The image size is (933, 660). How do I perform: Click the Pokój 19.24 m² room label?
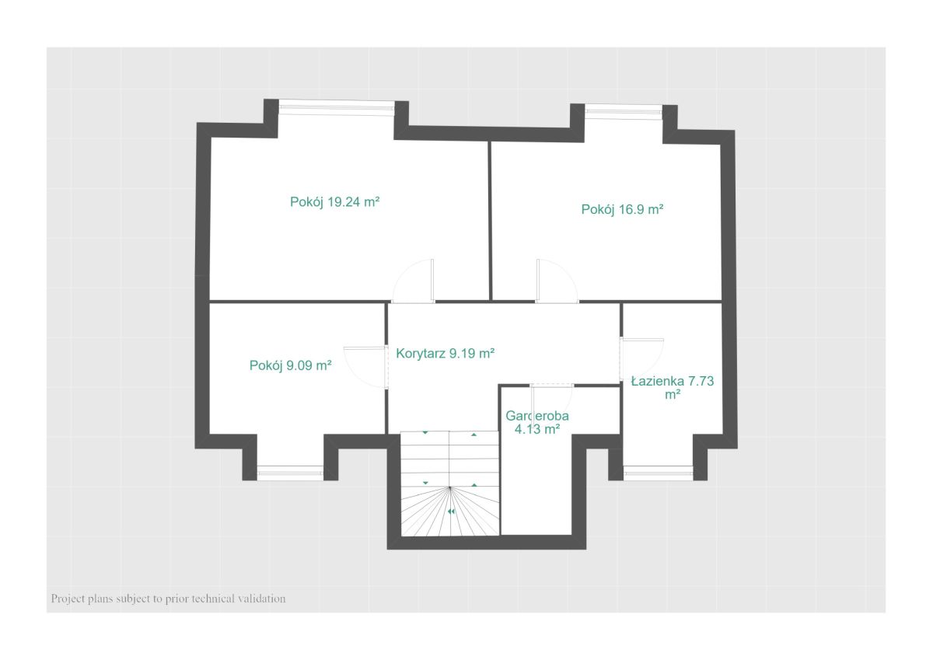coord(334,202)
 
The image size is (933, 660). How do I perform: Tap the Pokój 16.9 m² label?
coord(622,209)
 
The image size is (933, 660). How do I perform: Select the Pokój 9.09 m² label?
coord(290,365)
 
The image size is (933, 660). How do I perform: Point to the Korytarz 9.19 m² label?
coord(445,353)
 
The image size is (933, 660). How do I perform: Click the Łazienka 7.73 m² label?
coord(672,387)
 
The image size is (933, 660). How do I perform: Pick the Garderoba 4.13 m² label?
coord(537,422)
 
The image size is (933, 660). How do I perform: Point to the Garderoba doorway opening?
coord(552,386)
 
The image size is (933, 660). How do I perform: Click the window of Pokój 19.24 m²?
coord(337,107)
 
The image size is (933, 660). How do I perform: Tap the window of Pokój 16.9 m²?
coord(623,111)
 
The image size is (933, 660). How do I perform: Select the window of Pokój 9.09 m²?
coord(290,473)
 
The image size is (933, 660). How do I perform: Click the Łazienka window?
coord(658,473)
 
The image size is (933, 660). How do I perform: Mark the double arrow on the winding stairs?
coord(451,512)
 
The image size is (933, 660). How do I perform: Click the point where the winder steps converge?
coord(450,487)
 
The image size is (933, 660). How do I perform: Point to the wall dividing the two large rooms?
coord(490,221)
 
